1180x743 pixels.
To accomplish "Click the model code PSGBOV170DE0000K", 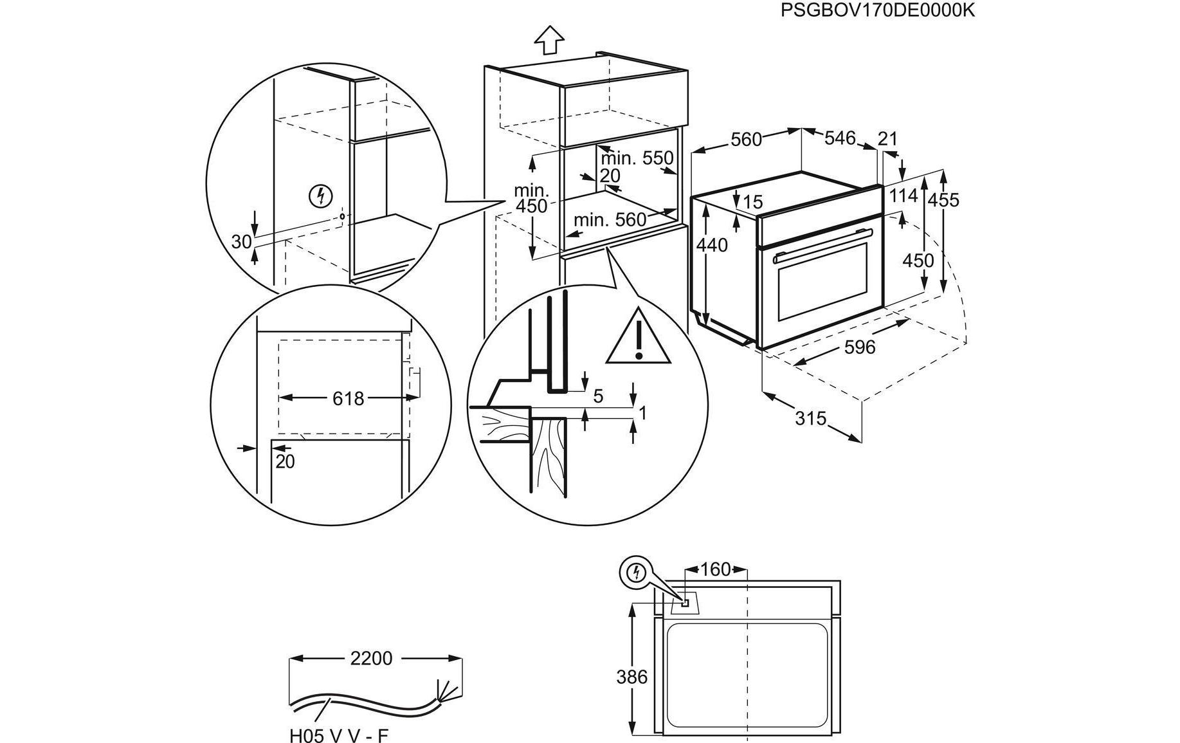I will [878, 10].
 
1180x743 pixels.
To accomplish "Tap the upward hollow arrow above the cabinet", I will [549, 40].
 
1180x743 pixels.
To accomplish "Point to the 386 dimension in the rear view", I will [631, 677].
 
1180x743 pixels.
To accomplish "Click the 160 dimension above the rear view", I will [715, 569].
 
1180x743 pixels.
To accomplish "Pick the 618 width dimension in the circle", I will [348, 398].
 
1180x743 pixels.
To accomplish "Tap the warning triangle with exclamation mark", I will [639, 338].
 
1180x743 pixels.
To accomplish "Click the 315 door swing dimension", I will [810, 418].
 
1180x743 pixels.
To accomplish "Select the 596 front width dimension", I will [859, 347].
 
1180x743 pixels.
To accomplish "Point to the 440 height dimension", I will [712, 245].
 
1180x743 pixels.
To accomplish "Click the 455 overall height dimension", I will [943, 200].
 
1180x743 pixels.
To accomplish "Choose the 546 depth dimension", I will [840, 138].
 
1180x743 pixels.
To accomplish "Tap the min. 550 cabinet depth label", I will [637, 158].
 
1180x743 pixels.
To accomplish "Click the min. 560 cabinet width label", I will [610, 220].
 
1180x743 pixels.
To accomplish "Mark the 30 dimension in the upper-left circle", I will [241, 242].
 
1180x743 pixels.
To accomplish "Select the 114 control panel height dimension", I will [903, 196].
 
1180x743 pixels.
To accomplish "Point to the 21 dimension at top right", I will [887, 138].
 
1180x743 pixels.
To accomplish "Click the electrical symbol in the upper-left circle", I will [320, 196].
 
